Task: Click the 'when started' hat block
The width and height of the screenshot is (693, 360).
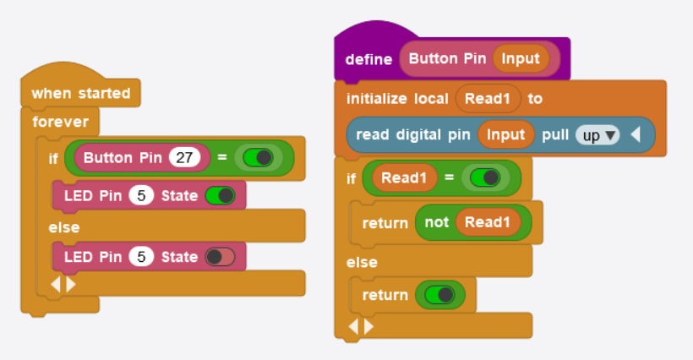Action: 80,93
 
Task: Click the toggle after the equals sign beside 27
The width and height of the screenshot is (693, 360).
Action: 258,158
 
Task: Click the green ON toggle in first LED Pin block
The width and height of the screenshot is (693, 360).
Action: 220,196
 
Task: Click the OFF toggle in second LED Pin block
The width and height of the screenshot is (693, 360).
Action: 220,257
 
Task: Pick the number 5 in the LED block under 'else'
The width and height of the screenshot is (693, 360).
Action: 142,257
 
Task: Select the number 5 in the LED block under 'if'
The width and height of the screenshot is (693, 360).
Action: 142,196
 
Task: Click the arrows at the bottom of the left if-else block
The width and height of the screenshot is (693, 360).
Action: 63,285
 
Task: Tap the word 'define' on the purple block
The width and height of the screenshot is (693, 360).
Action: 368,59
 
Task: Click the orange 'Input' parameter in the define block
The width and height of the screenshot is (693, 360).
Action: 521,59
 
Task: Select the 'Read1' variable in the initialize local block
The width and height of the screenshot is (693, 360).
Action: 488,99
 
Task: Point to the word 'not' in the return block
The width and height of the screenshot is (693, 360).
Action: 436,223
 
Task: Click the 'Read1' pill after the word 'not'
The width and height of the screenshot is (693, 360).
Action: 488,223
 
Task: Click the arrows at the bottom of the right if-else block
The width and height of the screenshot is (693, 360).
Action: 359,326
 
